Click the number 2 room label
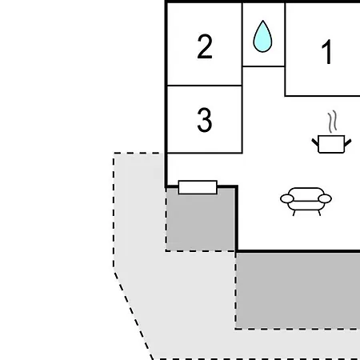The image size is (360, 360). pos(205,46)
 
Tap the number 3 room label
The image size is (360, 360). pos(205,120)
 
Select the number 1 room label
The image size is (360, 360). pos(327,52)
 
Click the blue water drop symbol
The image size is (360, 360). pos(262,36)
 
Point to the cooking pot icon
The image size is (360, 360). pos(331,144)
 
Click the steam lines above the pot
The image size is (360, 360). pos(333,122)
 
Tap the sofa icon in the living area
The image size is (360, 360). pos(306,202)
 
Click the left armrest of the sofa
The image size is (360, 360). pos(287,198)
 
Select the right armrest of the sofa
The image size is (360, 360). pos(325,198)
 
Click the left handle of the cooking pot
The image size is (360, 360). pos(315,142)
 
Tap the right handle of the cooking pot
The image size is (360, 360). pos(348,142)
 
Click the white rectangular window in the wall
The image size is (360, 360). pos(198,187)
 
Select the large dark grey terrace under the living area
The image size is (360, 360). pos(298,290)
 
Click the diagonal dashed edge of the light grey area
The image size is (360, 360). pos(134,315)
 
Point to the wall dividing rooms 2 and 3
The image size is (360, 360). pos(204,86)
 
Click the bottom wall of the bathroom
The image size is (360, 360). pos(263,66)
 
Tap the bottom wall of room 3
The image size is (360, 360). pos(204,153)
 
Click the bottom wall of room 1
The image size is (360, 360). pos(322,96)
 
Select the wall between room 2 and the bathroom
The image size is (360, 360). pos(242,44)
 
